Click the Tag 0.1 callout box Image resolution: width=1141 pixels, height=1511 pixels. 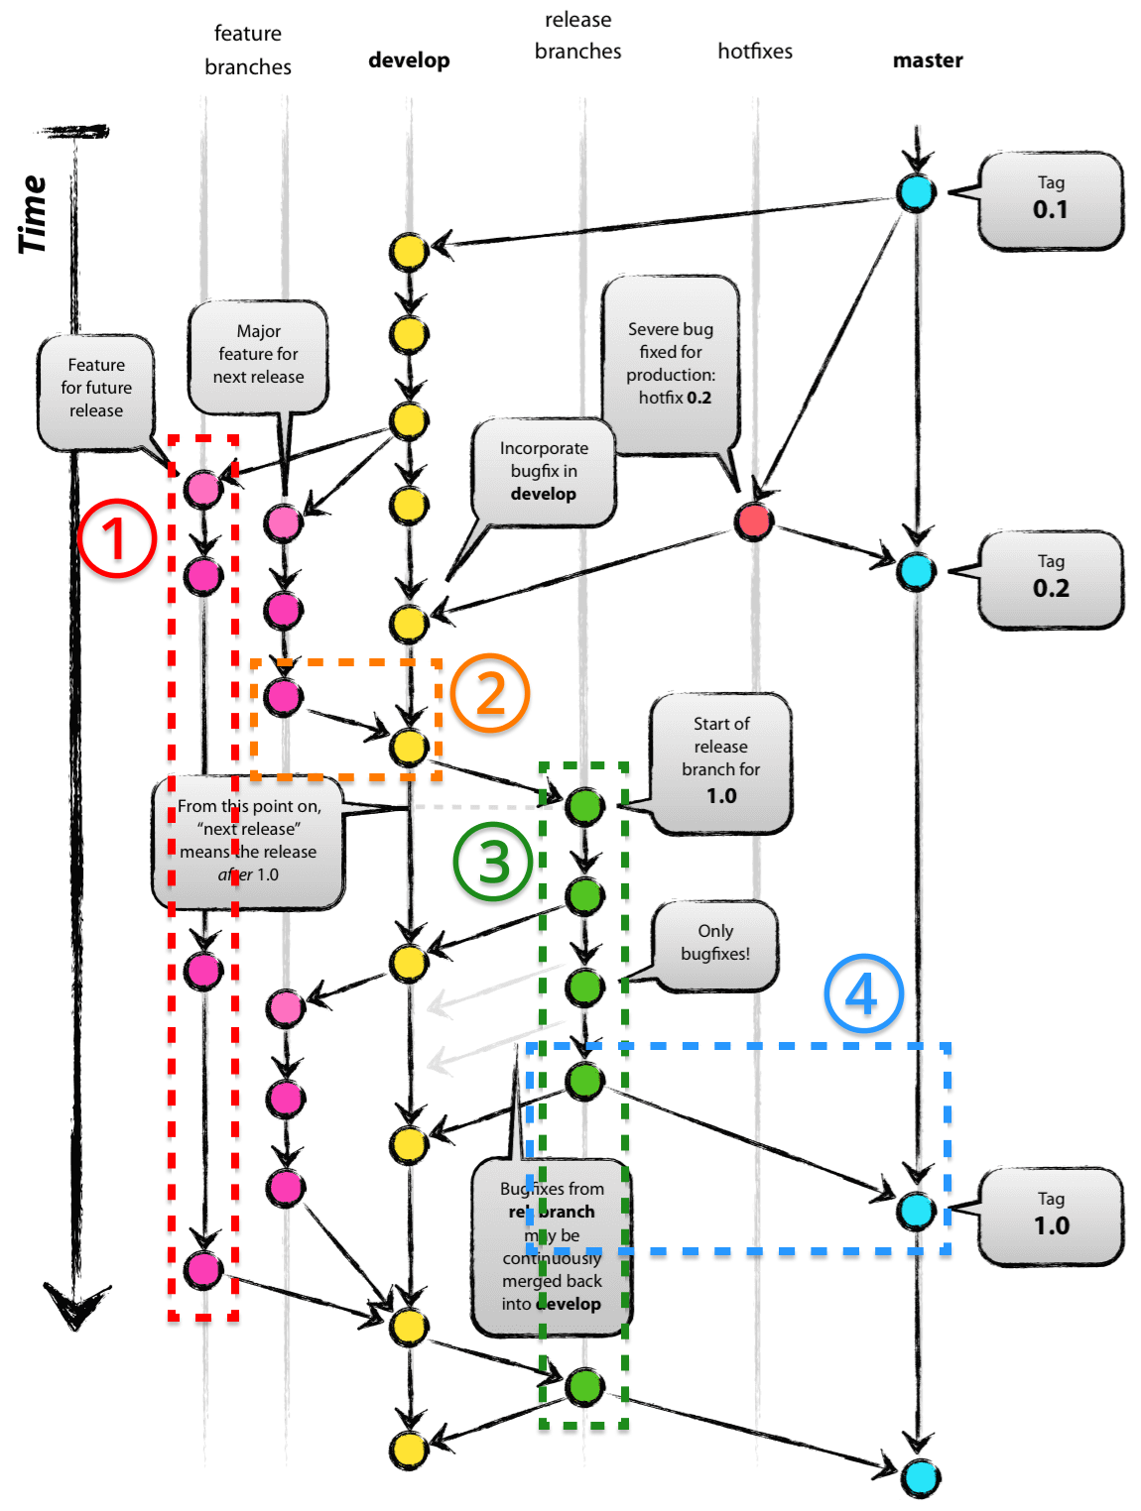[x=1050, y=200]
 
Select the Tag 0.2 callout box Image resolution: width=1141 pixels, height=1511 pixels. [x=1050, y=579]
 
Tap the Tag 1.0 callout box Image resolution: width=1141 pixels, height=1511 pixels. [x=1050, y=1216]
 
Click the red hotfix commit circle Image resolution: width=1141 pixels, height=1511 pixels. [x=754, y=520]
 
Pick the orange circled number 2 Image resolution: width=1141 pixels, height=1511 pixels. [x=490, y=693]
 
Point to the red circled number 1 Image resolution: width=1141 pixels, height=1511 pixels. [x=117, y=538]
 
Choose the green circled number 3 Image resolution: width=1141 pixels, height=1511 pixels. [x=493, y=861]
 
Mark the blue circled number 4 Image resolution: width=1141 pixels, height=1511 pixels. [x=863, y=993]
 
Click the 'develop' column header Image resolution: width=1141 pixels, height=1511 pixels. [x=409, y=60]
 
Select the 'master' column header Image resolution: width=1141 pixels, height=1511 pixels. [x=928, y=60]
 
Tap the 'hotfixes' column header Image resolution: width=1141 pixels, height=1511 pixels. [x=755, y=52]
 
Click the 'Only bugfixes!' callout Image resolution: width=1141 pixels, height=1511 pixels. [x=715, y=944]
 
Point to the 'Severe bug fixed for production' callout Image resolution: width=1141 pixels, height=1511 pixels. [x=671, y=364]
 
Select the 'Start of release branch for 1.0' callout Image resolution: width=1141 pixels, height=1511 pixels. [x=721, y=760]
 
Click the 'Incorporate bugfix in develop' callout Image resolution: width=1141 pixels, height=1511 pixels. [x=544, y=472]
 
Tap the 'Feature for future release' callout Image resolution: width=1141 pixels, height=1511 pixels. [x=96, y=390]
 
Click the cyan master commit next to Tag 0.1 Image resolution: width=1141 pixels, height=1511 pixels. [x=916, y=192]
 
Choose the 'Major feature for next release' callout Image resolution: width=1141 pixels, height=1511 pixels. [x=258, y=355]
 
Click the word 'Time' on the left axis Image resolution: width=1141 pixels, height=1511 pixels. [x=33, y=214]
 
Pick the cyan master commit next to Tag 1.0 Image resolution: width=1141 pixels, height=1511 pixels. [x=916, y=1211]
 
